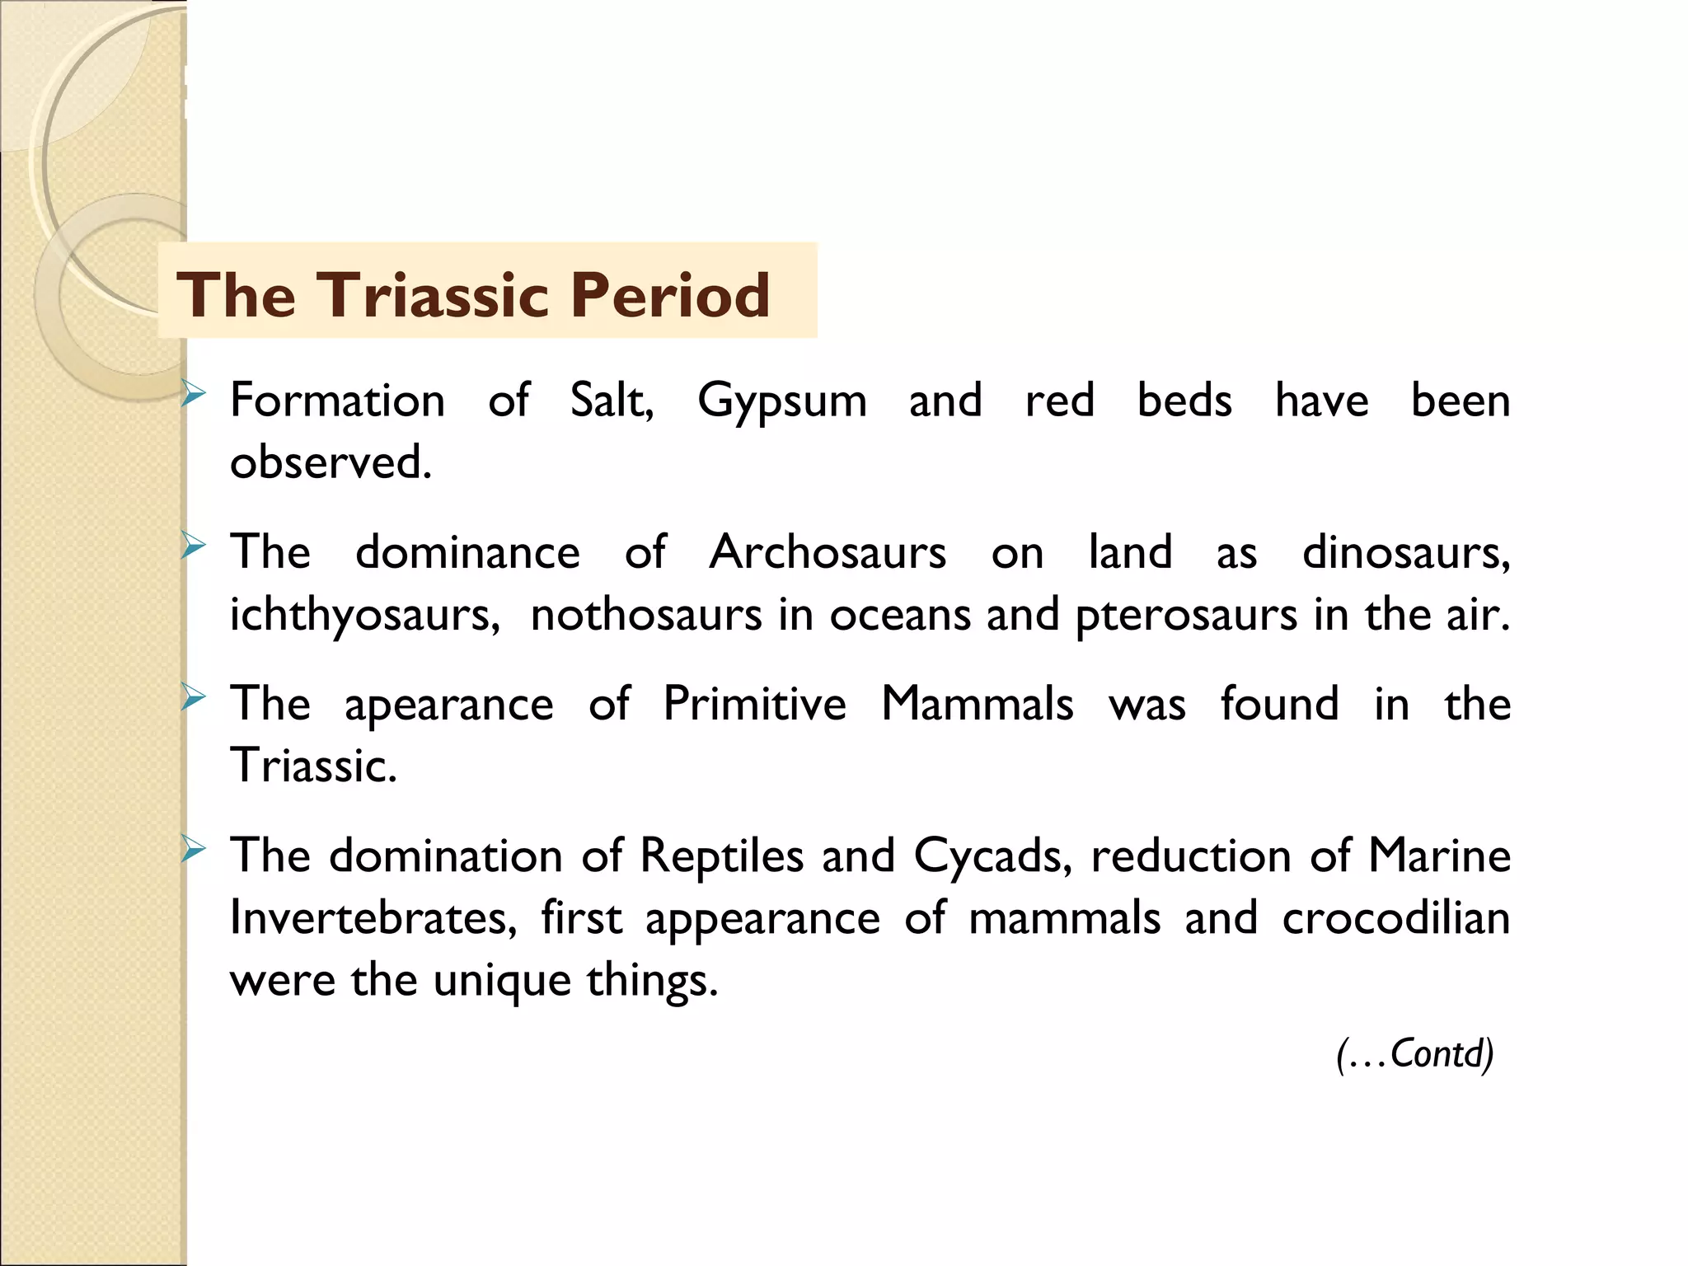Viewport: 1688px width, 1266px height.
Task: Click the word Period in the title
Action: click(670, 294)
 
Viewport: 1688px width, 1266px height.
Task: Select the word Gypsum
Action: click(781, 402)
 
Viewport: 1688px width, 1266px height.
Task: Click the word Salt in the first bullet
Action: click(611, 401)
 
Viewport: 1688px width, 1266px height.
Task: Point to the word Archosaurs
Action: click(828, 551)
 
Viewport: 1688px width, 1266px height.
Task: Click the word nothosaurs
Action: click(646, 615)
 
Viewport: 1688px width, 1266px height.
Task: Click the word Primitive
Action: click(754, 704)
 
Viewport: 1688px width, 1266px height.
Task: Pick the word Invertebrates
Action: click(373, 917)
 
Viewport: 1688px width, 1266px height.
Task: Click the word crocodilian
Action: click(1395, 917)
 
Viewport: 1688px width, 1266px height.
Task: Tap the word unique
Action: click(502, 981)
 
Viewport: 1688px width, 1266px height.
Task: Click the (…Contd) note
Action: click(1414, 1053)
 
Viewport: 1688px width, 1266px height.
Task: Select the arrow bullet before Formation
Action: click(193, 396)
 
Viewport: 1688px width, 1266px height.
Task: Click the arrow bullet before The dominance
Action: click(193, 546)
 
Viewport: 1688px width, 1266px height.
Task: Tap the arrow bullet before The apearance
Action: click(193, 699)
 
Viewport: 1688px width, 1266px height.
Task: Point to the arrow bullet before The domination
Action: click(193, 850)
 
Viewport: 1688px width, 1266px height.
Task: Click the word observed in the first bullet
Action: click(331, 462)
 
